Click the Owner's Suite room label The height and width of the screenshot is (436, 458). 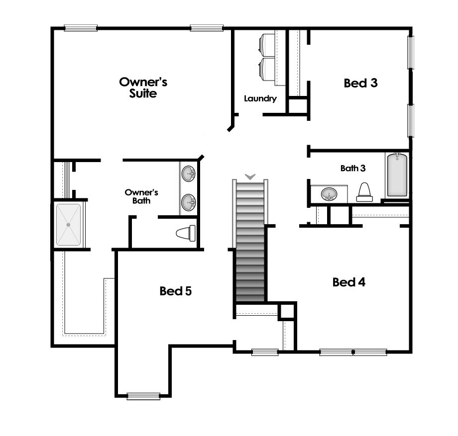pos(143,87)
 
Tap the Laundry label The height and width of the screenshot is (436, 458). pos(260,98)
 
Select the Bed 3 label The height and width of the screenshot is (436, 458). pos(360,83)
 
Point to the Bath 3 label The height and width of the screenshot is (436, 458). pos(353,168)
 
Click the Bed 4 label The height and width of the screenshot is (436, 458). pos(349,282)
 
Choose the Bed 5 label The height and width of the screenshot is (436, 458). pos(175,291)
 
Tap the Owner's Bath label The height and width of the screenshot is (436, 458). pos(141,196)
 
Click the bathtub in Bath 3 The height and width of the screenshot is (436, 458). pos(397,174)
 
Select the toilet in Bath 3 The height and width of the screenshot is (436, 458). pos(364,192)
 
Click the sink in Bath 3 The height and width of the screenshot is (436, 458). pos(328,194)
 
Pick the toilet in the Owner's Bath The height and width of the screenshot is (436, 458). pos(186,233)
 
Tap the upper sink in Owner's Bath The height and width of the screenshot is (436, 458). pos(189,174)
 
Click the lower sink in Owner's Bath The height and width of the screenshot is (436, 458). pos(189,202)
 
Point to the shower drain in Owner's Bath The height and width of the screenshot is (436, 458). pos(69,225)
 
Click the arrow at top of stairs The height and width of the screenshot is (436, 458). pos(250,176)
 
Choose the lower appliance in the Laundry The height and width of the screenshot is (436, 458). pos(268,69)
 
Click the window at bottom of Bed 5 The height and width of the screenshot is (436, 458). pos(143,396)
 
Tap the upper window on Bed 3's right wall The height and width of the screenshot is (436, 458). pos(411,51)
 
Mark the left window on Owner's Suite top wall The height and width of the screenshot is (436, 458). pos(80,28)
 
